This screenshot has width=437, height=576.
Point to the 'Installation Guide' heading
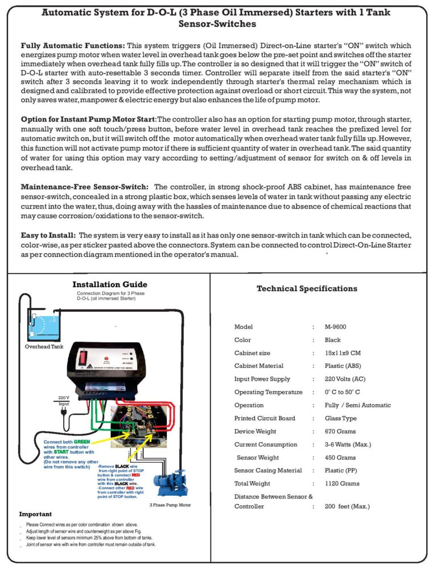coord(110,284)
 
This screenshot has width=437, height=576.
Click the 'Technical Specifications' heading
coord(307,288)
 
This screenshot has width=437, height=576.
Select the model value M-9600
coord(336,327)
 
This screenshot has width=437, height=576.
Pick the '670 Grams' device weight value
coord(340,432)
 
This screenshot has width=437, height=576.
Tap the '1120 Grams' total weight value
coord(342,484)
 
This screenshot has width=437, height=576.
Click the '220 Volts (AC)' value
coord(345,379)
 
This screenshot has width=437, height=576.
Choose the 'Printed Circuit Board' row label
coord(265,418)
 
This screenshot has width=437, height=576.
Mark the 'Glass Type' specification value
coord(341,418)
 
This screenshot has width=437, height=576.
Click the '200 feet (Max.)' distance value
coord(347,506)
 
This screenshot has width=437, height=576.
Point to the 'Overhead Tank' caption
coord(44,346)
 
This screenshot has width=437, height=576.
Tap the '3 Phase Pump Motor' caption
coord(170,504)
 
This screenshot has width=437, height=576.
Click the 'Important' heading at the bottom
coord(35,514)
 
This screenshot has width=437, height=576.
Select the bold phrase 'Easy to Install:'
coord(48,235)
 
